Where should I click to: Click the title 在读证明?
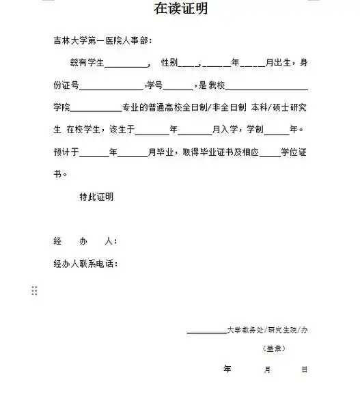click(180, 9)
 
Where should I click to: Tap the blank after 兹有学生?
click(127, 64)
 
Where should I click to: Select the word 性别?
click(169, 63)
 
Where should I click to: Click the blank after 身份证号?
click(112, 87)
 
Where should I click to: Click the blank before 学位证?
click(271, 152)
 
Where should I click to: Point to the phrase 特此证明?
click(96, 197)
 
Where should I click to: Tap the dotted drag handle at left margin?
click(34, 291)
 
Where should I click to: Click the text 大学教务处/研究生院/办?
click(267, 330)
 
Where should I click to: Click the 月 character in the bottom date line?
click(267, 370)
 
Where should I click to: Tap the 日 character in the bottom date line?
click(304, 370)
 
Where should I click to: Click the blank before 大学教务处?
click(206, 331)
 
